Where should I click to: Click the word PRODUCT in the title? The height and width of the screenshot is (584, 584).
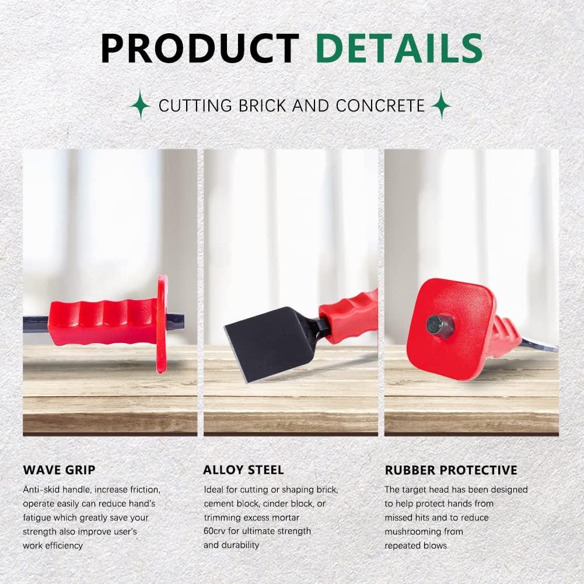click(200, 48)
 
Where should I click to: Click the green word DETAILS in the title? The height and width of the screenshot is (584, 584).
click(399, 48)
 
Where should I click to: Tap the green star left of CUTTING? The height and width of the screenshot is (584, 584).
click(141, 104)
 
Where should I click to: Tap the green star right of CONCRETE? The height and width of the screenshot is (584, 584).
click(441, 104)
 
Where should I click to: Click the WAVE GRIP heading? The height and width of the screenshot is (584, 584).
click(60, 470)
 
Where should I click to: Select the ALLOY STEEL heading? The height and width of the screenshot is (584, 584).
click(244, 470)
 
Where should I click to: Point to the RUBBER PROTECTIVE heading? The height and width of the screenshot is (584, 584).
click(451, 470)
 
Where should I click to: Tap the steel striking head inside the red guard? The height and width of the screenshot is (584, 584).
click(439, 325)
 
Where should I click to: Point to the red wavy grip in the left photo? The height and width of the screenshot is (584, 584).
click(103, 322)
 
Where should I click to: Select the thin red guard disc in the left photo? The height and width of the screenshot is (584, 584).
click(162, 324)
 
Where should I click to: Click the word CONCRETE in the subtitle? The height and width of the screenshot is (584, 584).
click(380, 106)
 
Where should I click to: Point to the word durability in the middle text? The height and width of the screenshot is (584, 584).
click(239, 545)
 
